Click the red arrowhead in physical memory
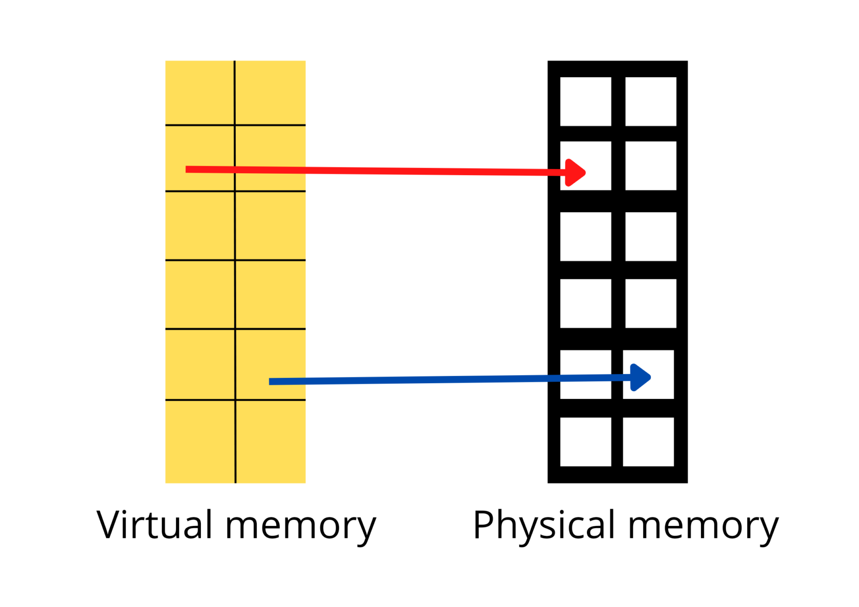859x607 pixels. [575, 172]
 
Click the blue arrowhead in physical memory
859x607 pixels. [640, 377]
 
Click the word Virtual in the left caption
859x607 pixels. [154, 525]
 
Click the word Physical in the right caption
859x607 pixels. [544, 525]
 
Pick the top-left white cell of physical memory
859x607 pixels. [586, 102]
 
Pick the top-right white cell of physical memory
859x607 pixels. [650, 102]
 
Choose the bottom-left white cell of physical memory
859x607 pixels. [586, 441]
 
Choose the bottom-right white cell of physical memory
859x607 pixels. [648, 441]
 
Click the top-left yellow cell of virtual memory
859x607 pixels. [199, 93]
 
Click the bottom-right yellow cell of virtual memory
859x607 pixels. [271, 441]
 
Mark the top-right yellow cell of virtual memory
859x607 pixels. [270, 93]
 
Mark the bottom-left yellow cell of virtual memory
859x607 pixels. [200, 441]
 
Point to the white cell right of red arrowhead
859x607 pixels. [650, 166]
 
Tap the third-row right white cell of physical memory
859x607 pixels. [650, 237]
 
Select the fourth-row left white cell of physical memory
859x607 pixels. [586, 303]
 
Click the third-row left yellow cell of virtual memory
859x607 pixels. [199, 226]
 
